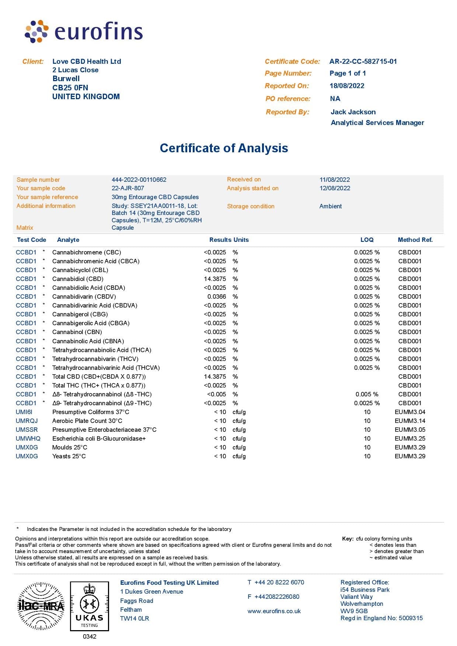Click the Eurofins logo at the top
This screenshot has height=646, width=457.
(x=84, y=32)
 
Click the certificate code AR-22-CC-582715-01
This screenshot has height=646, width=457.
(x=363, y=62)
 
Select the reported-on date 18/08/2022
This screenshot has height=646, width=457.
(x=347, y=86)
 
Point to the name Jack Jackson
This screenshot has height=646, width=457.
(x=353, y=112)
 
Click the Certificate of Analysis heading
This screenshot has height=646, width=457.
(x=224, y=148)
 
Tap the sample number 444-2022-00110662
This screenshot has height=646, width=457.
(x=139, y=180)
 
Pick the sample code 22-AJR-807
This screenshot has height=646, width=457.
(x=128, y=188)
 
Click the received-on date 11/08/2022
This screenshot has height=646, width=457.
(x=335, y=180)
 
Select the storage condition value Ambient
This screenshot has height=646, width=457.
(x=331, y=206)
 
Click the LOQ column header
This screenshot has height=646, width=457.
(x=367, y=240)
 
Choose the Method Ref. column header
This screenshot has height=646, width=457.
(x=415, y=240)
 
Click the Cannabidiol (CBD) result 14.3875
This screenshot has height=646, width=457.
(x=215, y=279)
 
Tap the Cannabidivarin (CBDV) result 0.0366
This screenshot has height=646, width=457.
(x=217, y=296)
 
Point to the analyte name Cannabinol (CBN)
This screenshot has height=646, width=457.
(x=77, y=332)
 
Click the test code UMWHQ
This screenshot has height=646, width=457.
(x=28, y=438)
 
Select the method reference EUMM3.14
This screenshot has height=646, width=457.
(x=410, y=421)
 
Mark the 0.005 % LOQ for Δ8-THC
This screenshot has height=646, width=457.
(x=367, y=394)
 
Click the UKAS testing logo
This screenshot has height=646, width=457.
(x=90, y=607)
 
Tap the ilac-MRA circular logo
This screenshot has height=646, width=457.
(x=41, y=606)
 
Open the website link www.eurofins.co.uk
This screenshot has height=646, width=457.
(x=274, y=611)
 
